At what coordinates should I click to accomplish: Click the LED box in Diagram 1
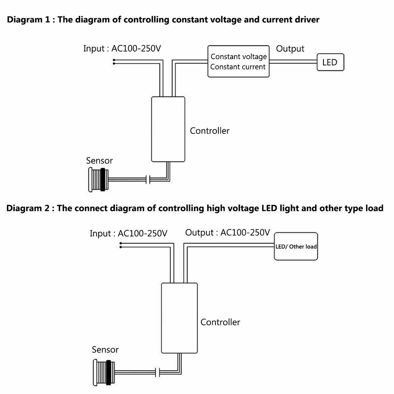point(330,63)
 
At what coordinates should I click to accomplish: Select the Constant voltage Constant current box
point(238,62)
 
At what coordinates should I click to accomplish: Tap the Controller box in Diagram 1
point(168,129)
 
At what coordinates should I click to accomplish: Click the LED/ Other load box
point(296,247)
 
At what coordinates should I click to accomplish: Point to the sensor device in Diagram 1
point(98,179)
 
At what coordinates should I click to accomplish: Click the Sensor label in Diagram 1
point(99,160)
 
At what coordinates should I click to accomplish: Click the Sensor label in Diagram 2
point(105,350)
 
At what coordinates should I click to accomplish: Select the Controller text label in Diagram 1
point(209,131)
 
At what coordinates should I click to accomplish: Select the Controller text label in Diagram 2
point(220,322)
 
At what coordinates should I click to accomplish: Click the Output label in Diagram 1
point(290,49)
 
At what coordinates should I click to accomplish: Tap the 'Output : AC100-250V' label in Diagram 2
point(227,233)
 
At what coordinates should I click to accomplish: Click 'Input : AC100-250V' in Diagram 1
point(122,49)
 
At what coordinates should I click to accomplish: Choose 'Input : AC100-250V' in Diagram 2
point(128,234)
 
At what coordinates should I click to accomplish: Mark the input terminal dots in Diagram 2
point(121,245)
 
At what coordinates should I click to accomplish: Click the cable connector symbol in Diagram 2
point(158,373)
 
